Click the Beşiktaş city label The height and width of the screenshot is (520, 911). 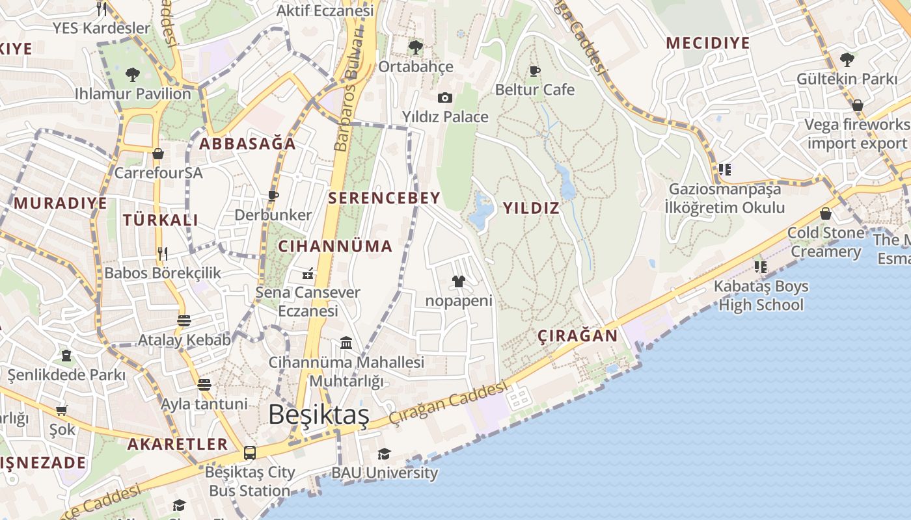click(x=318, y=415)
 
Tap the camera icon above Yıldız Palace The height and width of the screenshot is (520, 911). click(x=445, y=98)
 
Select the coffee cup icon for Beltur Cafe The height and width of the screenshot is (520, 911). click(x=535, y=71)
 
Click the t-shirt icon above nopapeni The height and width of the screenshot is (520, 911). click(x=459, y=281)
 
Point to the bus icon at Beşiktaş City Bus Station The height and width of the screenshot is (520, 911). click(x=249, y=452)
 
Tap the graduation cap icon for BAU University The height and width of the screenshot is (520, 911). click(x=385, y=454)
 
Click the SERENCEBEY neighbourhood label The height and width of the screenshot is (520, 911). click(x=384, y=198)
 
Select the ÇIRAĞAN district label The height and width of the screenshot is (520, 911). click(x=578, y=336)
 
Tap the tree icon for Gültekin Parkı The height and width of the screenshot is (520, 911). click(x=847, y=60)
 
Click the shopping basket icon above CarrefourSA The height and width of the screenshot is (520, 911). click(x=157, y=154)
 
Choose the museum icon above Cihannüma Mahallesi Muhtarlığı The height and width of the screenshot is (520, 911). click(x=346, y=343)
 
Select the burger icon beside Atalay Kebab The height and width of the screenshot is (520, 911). click(x=184, y=320)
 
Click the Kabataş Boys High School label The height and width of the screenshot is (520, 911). click(x=761, y=296)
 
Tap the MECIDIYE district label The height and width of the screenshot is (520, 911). click(x=708, y=44)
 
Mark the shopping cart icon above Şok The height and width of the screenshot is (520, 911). click(x=62, y=410)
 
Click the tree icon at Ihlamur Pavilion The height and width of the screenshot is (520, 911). click(x=133, y=75)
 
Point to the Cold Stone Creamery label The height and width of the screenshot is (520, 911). click(x=826, y=242)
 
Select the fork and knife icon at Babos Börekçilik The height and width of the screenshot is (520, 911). click(x=163, y=253)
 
